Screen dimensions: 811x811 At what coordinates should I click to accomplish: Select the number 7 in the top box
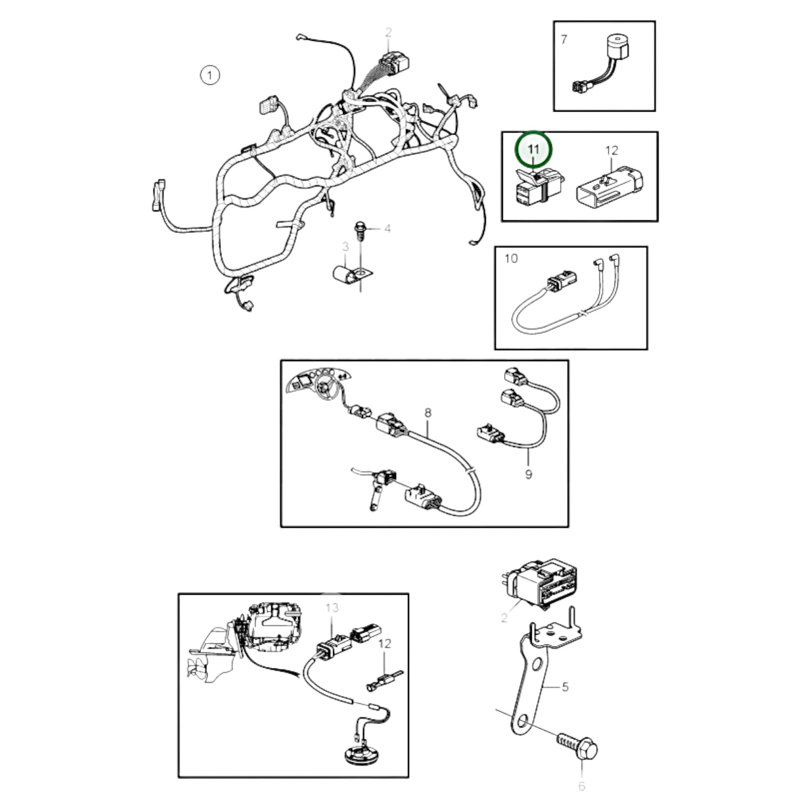click(564, 40)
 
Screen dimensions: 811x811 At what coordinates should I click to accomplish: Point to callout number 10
click(511, 258)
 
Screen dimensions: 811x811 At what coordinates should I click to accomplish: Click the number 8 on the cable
click(428, 413)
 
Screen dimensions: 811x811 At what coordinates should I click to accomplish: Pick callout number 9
click(528, 474)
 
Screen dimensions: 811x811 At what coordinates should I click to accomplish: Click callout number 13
click(332, 607)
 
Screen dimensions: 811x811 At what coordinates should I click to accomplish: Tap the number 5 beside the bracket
click(565, 687)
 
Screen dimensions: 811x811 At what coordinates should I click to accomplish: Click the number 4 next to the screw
click(388, 228)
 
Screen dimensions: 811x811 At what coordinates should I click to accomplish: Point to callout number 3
click(345, 247)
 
